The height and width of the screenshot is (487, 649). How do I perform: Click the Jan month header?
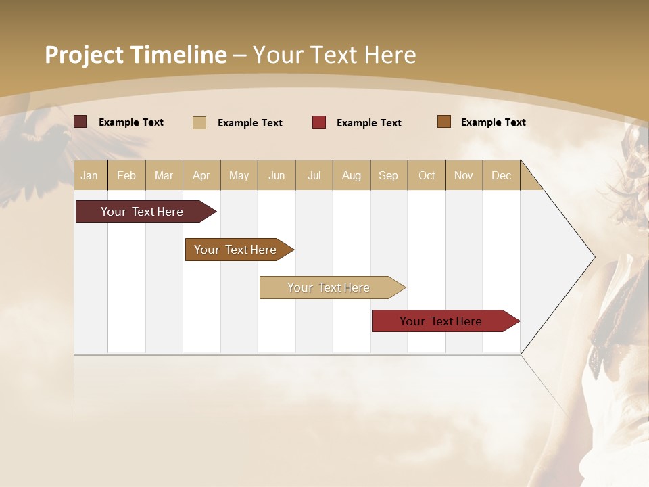[x=90, y=175]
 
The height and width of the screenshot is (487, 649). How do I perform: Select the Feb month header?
[x=126, y=175]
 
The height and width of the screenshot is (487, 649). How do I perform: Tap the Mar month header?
[x=164, y=175]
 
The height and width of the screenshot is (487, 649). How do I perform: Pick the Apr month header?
[x=201, y=175]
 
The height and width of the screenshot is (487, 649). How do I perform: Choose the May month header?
[x=239, y=175]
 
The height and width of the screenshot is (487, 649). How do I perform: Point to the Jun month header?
[x=277, y=175]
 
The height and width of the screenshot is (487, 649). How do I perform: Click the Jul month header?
[x=314, y=175]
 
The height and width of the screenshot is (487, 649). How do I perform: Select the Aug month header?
[x=352, y=175]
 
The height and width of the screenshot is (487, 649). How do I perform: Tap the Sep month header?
[x=389, y=175]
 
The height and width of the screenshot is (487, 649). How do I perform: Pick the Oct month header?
[x=427, y=175]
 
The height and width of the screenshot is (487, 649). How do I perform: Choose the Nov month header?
[x=464, y=175]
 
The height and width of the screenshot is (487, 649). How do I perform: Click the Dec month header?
[x=502, y=175]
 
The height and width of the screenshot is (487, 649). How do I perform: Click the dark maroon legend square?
[x=80, y=122]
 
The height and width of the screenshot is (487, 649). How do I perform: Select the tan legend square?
[x=199, y=122]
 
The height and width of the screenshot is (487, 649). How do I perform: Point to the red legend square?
[x=319, y=122]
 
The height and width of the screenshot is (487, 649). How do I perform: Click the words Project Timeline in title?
[x=135, y=55]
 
